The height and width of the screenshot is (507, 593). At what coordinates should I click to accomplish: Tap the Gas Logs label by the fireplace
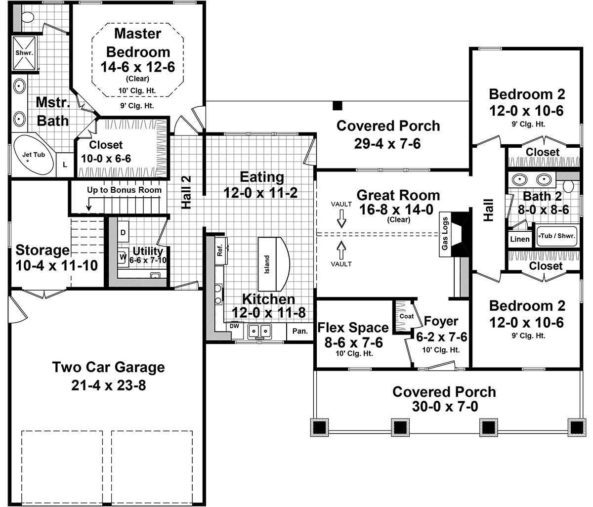445,233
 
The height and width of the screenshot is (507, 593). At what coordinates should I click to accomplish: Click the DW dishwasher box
234,326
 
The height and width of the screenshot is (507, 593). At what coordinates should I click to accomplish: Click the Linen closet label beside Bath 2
520,240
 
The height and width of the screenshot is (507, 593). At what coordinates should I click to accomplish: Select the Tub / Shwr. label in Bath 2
557,236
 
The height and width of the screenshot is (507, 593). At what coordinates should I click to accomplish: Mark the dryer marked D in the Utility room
123,232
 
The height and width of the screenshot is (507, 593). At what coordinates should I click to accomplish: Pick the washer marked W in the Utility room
122,256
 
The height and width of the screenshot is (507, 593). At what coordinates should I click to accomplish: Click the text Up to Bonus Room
124,190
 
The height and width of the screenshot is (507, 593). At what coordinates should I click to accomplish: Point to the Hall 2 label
186,192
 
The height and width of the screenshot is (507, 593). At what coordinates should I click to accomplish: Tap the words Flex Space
353,328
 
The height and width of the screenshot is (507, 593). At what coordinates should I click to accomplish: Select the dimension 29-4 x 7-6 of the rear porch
387,143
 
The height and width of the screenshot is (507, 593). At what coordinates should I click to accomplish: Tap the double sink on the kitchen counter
260,330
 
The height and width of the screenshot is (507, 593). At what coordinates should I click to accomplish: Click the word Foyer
441,322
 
